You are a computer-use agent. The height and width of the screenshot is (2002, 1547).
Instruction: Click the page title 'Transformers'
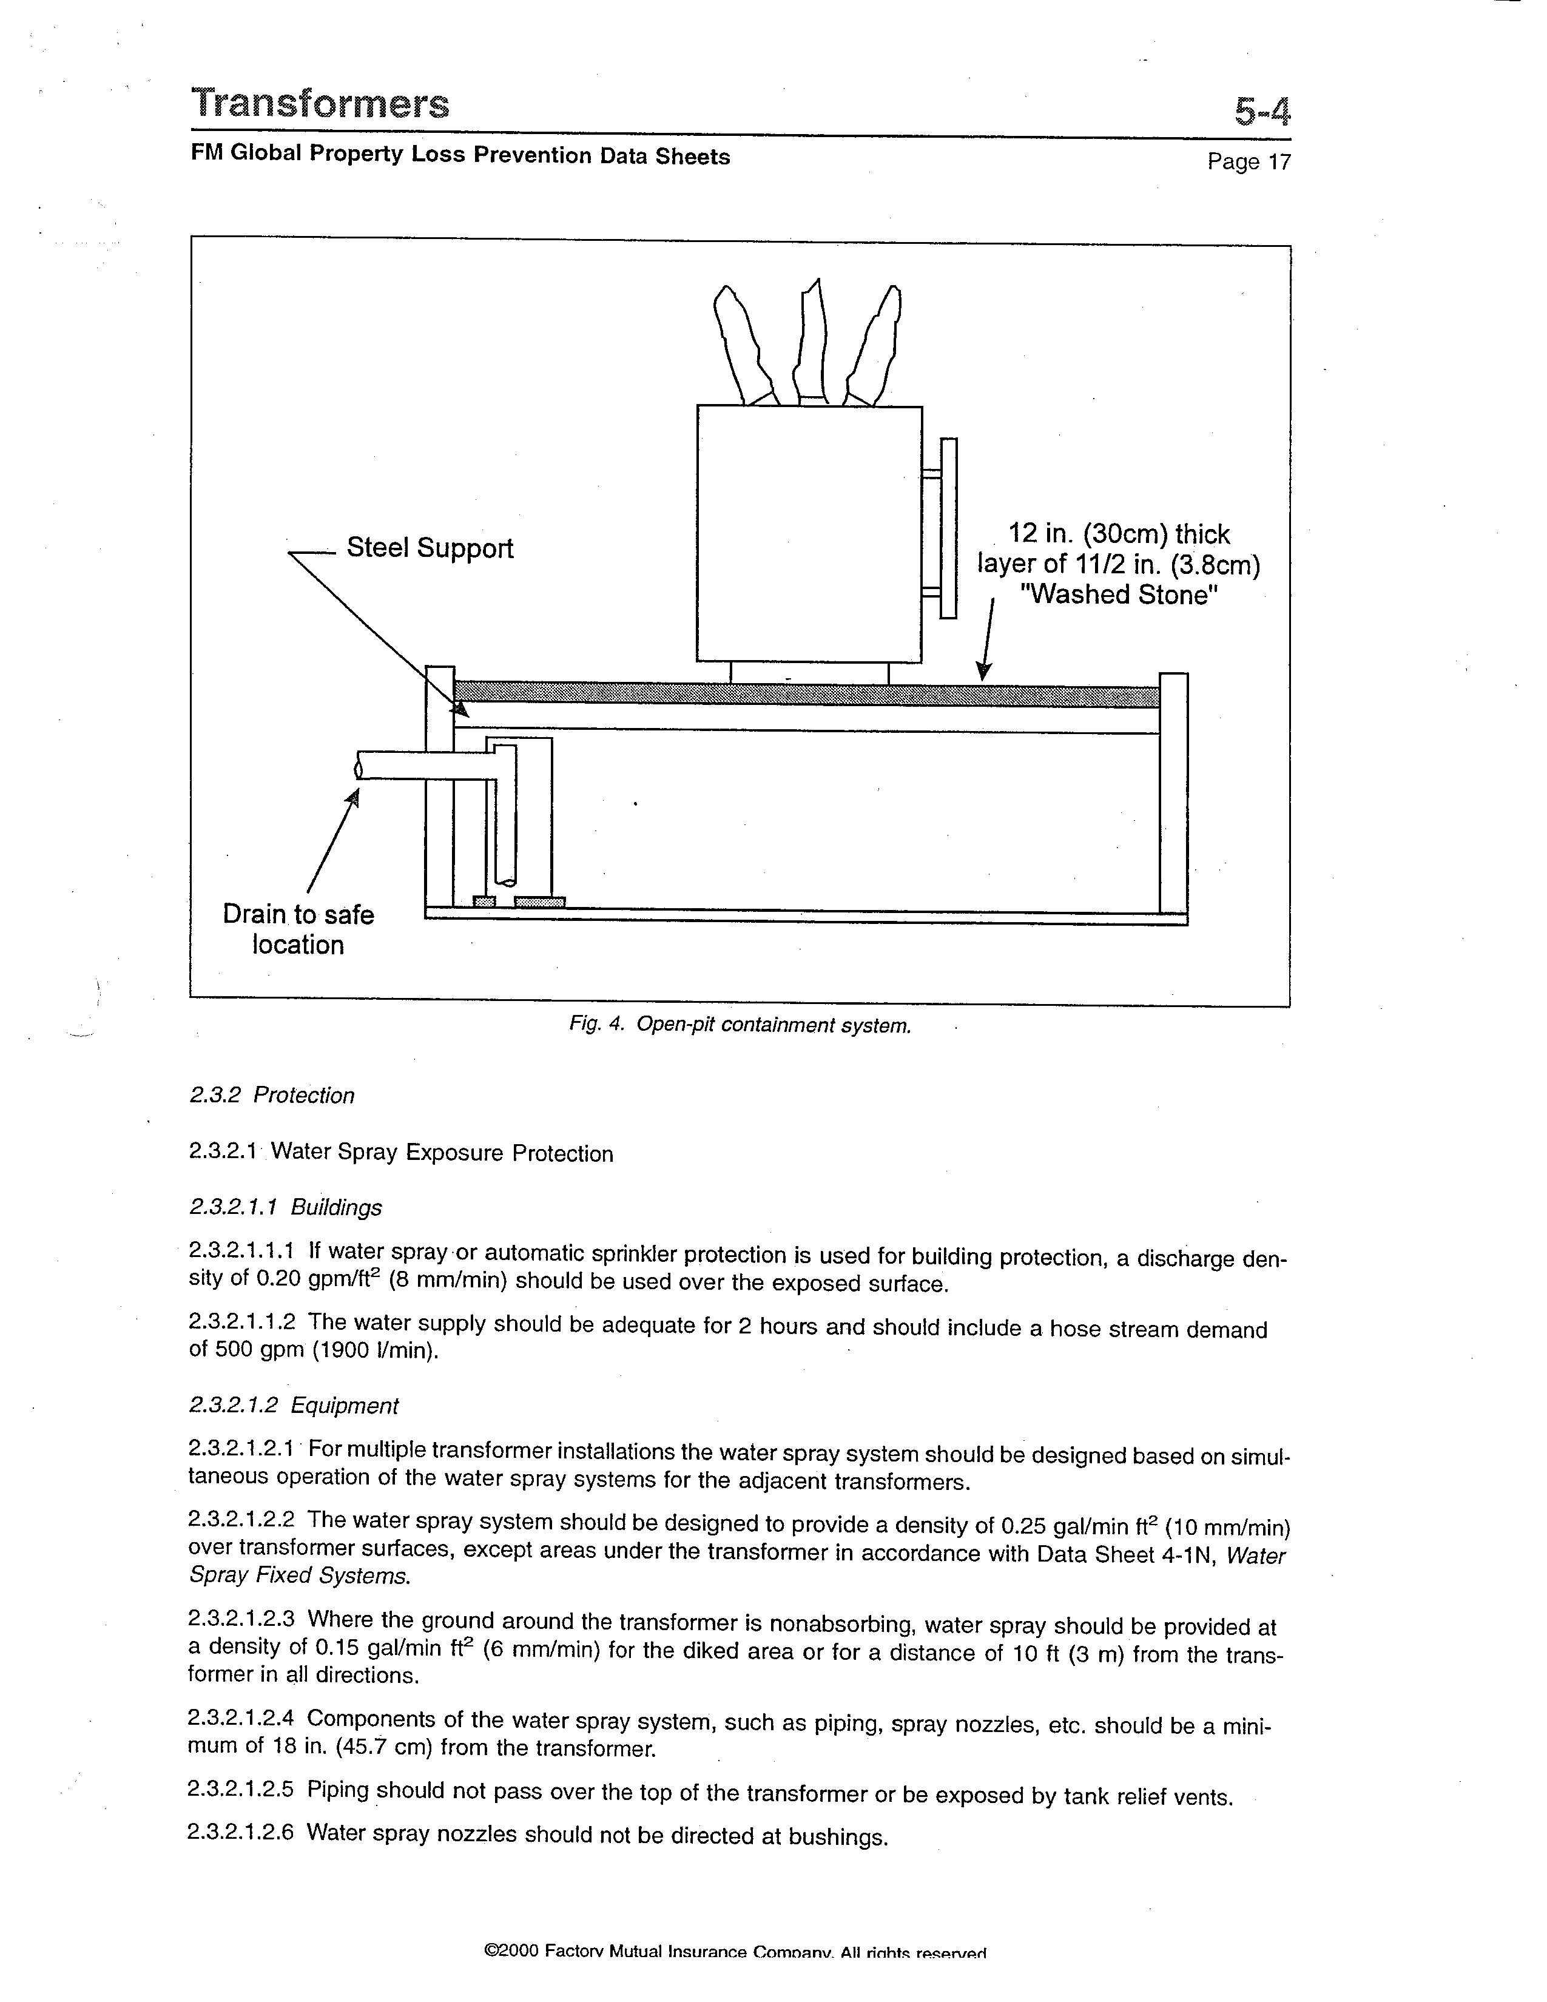point(320,104)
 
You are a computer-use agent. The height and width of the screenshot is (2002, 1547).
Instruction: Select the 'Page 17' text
point(1249,162)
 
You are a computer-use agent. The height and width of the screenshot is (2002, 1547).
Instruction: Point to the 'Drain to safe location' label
point(298,929)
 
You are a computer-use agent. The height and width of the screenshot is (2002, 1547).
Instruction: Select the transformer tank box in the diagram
point(808,533)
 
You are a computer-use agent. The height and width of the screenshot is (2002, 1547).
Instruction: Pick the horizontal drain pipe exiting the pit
point(422,764)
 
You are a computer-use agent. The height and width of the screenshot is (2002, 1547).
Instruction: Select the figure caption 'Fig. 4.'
point(596,1024)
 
